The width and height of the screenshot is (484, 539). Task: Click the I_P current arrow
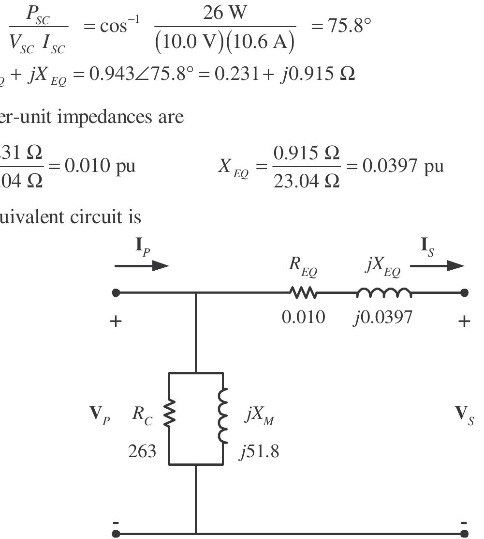point(141,266)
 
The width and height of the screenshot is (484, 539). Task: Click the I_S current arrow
point(437,265)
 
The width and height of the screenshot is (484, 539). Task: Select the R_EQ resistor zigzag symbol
point(303,293)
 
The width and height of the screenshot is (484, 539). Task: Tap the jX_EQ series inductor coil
point(384,292)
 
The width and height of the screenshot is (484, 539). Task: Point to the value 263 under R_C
point(142,451)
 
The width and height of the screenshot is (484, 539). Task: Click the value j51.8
point(259,451)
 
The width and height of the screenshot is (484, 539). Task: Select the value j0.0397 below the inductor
point(383,317)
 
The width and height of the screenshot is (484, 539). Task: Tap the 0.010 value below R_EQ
point(304,317)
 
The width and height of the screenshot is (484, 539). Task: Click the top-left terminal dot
point(116,293)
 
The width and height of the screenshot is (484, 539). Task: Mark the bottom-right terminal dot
point(464,534)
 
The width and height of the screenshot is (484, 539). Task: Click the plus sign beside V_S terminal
point(464,321)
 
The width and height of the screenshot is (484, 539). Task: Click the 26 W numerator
point(224,14)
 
